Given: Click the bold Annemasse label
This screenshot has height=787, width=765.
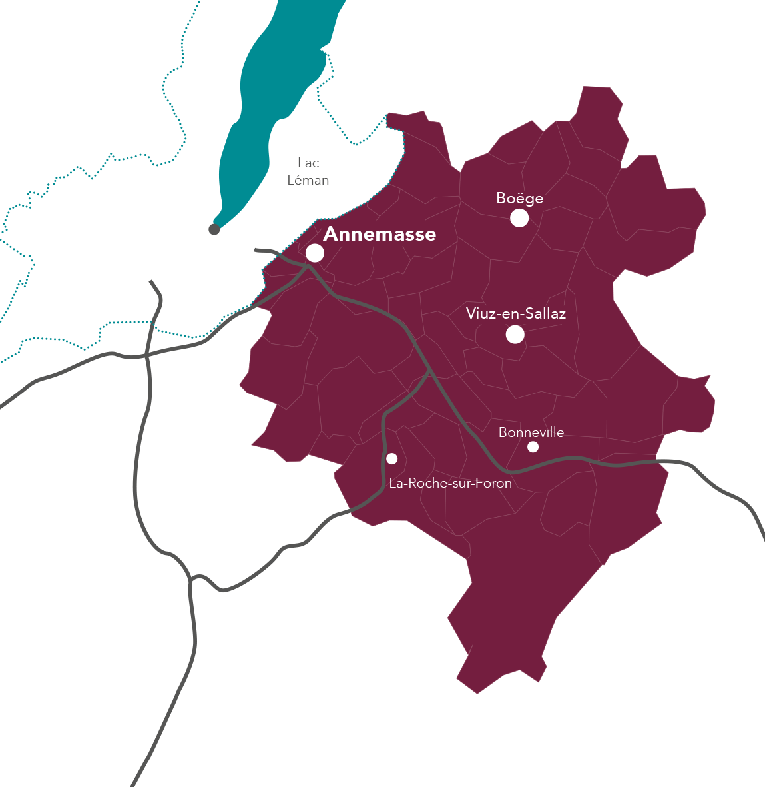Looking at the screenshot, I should click(x=380, y=234).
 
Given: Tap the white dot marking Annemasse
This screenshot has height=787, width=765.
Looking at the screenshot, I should click(x=315, y=253).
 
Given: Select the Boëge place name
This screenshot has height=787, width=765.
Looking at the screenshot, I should click(x=519, y=198).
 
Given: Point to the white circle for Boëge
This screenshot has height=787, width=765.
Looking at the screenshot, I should click(x=519, y=217).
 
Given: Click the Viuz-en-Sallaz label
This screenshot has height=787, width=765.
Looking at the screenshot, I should click(x=516, y=313).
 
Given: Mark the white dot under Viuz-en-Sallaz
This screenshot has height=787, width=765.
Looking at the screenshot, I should click(x=515, y=334).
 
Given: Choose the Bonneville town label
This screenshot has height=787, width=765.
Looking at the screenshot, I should click(x=531, y=432).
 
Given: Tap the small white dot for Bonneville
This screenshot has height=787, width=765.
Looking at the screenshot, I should click(x=533, y=446).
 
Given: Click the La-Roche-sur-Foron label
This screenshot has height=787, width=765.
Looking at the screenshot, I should click(x=450, y=483).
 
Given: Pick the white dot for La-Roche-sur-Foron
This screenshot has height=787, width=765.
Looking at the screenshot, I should click(x=391, y=458).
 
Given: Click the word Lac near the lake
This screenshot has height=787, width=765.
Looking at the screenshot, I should click(x=308, y=163).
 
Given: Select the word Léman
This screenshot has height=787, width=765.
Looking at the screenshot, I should click(x=308, y=180).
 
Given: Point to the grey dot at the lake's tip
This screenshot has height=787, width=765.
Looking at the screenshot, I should click(x=214, y=229).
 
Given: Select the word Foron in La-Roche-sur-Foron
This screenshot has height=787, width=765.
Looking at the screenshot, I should click(x=495, y=483).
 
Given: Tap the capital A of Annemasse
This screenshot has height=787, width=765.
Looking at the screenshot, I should click(x=330, y=234).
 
